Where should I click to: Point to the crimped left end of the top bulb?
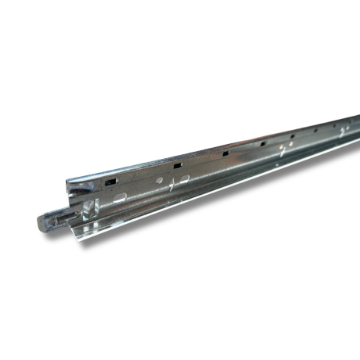(x=69, y=183)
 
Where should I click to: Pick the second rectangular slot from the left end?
(x=178, y=165)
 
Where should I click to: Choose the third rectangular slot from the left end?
(x=225, y=154)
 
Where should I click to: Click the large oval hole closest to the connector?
(x=120, y=198)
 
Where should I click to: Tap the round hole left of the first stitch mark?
(x=160, y=181)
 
